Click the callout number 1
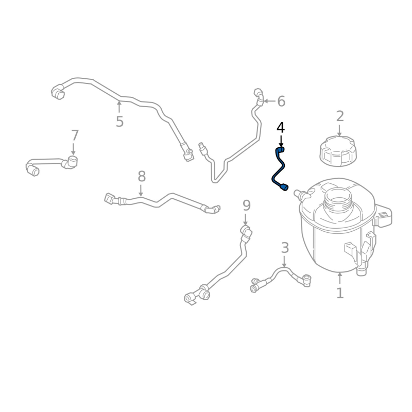pos(340,293)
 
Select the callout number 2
pos(340,116)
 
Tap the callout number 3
pos(285,248)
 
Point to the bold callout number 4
pos(281,128)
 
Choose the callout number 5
pos(119,122)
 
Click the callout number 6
pos(281,101)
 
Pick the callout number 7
pos(75,135)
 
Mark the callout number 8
pos(142,176)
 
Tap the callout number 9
pos(247,205)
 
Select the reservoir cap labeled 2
pos(338,151)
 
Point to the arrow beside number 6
pos(269,101)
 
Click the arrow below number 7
pos(73,149)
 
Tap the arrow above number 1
pos(340,278)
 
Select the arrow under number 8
pos(141,191)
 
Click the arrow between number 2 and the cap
pos(339,131)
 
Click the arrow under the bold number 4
pos(281,141)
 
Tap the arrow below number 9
pos(246,220)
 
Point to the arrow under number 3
pos(284,262)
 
